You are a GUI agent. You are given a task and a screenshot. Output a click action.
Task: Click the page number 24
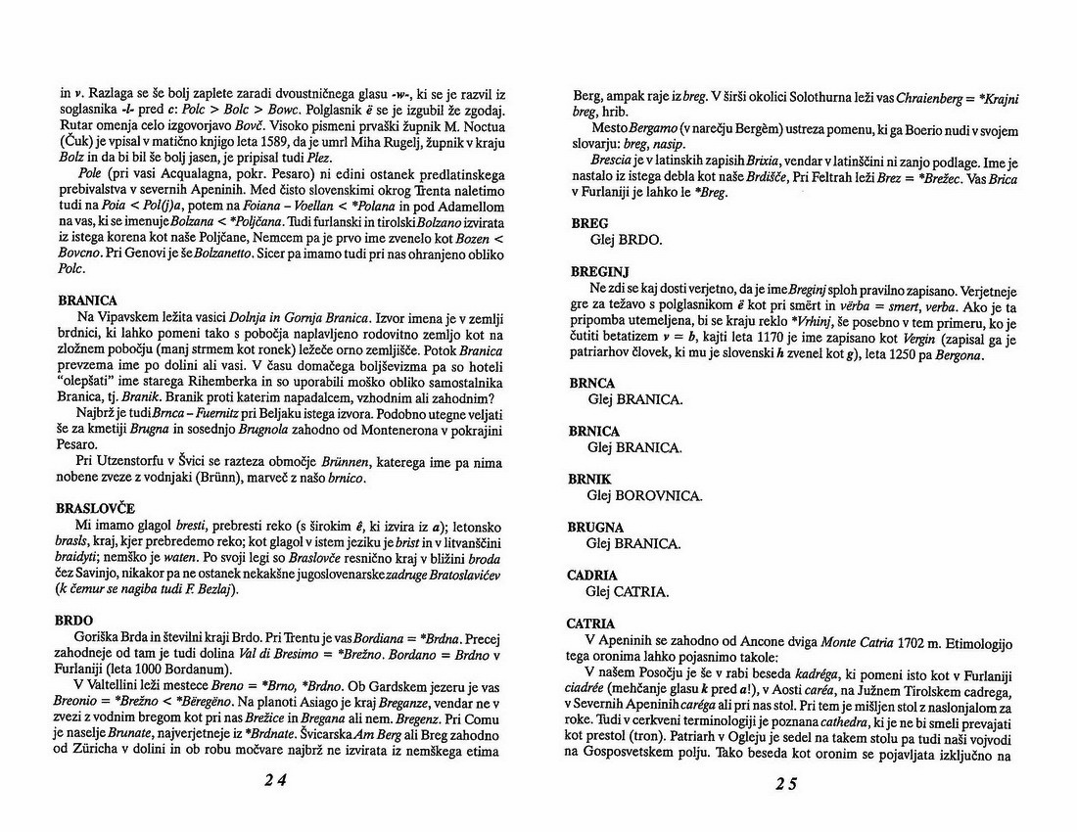[x=275, y=781]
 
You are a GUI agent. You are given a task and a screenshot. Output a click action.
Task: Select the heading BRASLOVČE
[x=97, y=509]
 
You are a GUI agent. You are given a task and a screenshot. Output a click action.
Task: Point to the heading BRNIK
[x=589, y=479]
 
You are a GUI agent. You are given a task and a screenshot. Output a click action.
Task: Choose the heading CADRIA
[x=592, y=575]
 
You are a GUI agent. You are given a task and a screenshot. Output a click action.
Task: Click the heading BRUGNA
[x=595, y=527]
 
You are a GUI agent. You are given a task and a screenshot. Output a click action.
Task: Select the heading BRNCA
[x=592, y=383]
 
